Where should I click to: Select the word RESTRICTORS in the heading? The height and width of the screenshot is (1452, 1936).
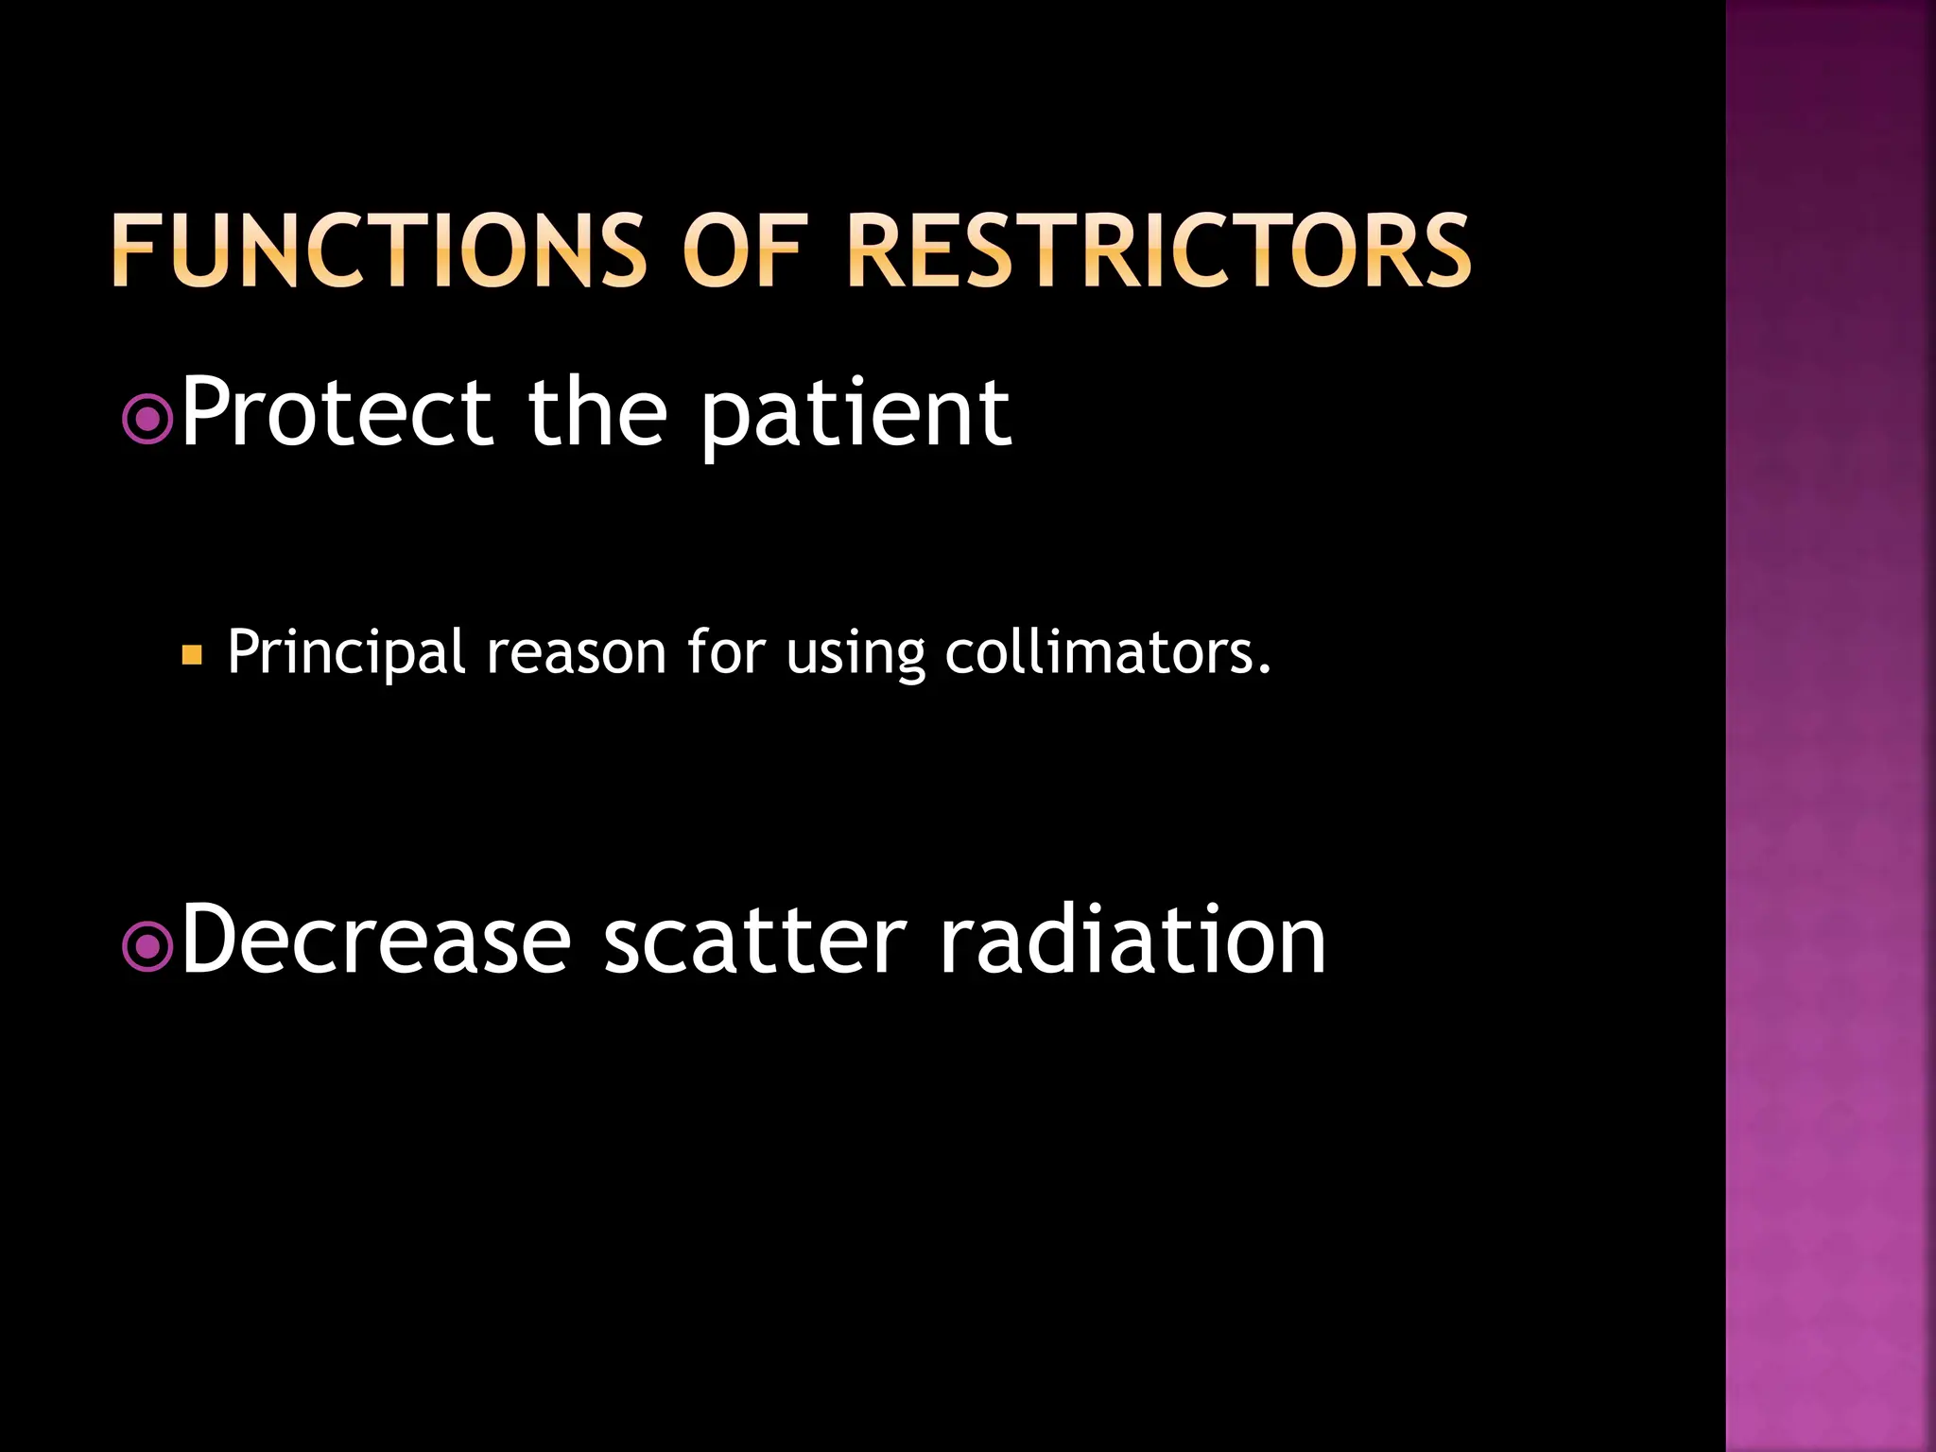pyautogui.click(x=1158, y=250)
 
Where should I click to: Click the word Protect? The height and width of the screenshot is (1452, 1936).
pyautogui.click(x=336, y=412)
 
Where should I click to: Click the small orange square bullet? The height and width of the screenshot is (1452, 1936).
pyautogui.click(x=192, y=654)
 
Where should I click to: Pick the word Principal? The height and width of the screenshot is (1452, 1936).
pyautogui.click(x=346, y=652)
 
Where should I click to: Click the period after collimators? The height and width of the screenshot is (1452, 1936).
pyautogui.click(x=1265, y=669)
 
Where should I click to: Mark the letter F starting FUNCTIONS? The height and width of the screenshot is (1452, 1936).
pyautogui.click(x=132, y=250)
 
